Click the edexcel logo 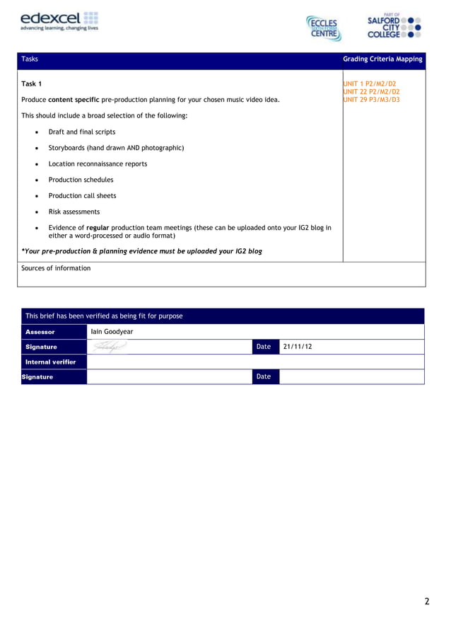[59, 21]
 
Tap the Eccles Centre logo [324, 28]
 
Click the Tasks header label [30, 59]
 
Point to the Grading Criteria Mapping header [382, 59]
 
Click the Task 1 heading [32, 84]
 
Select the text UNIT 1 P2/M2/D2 [370, 84]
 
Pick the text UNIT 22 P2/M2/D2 [371, 91]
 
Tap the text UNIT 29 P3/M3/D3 [371, 100]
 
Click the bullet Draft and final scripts [81, 132]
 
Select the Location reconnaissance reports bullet [98, 163]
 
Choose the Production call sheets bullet [82, 195]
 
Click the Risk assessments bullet [74, 212]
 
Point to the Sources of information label [56, 268]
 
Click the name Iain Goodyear [112, 331]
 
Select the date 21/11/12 [297, 347]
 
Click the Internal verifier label [50, 362]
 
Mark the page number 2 [426, 601]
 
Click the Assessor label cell [40, 331]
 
